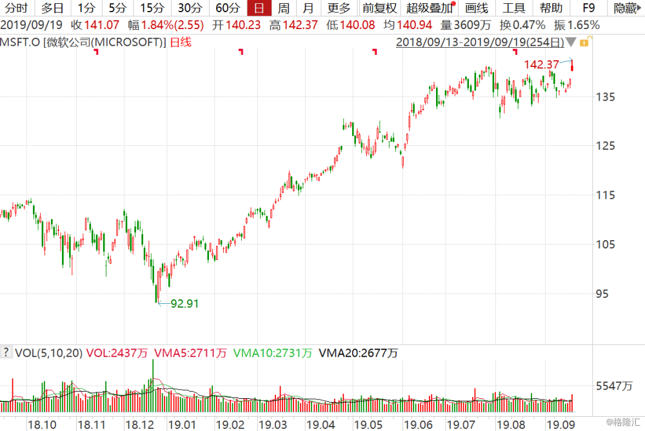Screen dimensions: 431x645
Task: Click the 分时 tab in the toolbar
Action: [16, 8]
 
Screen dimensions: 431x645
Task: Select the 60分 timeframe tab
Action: [227, 8]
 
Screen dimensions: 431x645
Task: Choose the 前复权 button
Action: [379, 8]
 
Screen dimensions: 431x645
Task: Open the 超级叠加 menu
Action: [429, 8]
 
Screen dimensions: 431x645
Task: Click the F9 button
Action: [588, 8]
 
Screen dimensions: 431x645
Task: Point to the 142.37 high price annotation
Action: [541, 65]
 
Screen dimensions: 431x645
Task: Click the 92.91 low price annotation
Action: [184, 303]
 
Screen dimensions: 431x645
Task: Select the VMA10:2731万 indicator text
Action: [272, 353]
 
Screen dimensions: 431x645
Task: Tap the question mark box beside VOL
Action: [6, 352]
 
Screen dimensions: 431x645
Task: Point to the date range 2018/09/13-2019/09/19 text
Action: [479, 43]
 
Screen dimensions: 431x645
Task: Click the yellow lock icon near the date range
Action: [583, 43]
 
